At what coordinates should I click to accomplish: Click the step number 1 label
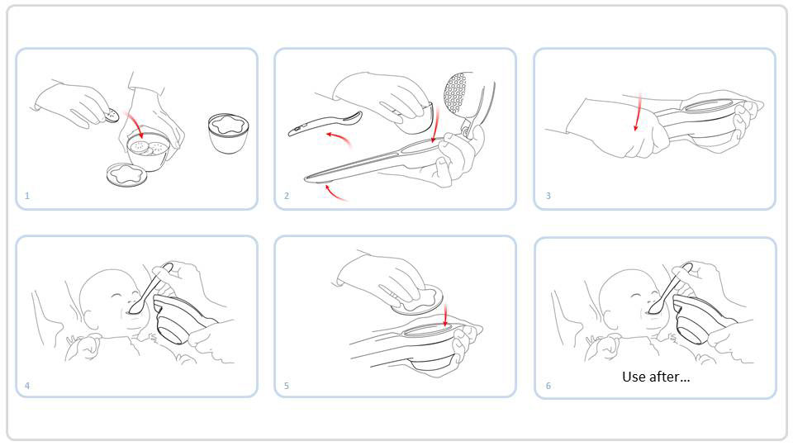click(27, 196)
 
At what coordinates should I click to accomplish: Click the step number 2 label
click(287, 196)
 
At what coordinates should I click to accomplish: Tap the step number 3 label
click(548, 196)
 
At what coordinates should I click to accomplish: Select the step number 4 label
click(27, 386)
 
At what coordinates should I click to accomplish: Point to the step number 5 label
click(287, 386)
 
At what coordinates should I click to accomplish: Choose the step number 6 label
click(548, 386)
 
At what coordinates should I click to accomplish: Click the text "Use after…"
click(656, 377)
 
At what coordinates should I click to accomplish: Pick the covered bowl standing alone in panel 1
click(228, 133)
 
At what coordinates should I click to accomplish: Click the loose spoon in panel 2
click(325, 123)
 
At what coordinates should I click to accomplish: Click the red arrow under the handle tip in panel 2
click(336, 193)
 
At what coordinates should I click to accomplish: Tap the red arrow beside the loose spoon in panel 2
click(339, 138)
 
